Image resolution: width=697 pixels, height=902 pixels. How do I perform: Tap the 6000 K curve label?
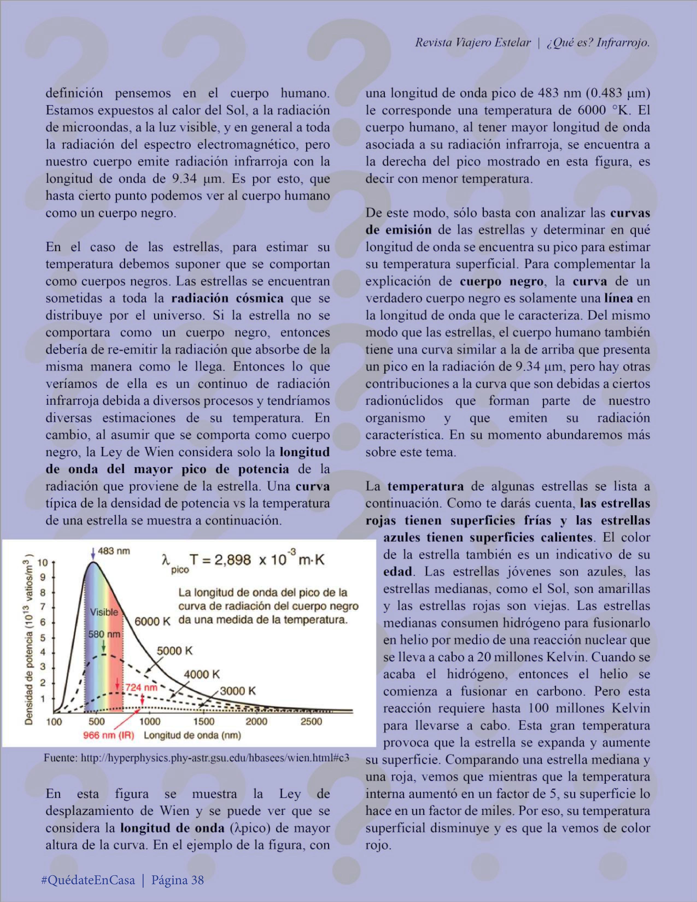[153, 622]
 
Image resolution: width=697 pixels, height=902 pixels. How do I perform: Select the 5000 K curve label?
[174, 651]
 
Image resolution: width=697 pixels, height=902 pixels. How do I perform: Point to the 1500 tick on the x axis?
[204, 721]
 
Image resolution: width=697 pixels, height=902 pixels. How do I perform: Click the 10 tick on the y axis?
[43, 563]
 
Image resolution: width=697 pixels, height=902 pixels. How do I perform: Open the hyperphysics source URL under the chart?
[196, 758]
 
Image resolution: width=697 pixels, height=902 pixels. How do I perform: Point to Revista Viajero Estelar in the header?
[472, 43]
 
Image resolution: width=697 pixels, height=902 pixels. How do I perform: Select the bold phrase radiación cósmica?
[227, 298]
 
